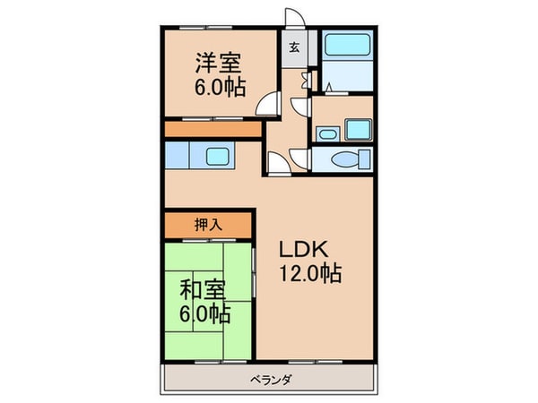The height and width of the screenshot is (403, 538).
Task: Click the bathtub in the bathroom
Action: [x=346, y=47]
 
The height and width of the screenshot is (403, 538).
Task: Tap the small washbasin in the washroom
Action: [x=328, y=134]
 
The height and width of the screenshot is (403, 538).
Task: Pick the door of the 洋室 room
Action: [x=266, y=107]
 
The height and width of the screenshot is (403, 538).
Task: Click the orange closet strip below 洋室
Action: [x=213, y=130]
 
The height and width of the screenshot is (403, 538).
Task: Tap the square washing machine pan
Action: [x=359, y=129]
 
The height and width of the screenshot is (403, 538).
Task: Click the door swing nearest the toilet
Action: [x=279, y=161]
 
